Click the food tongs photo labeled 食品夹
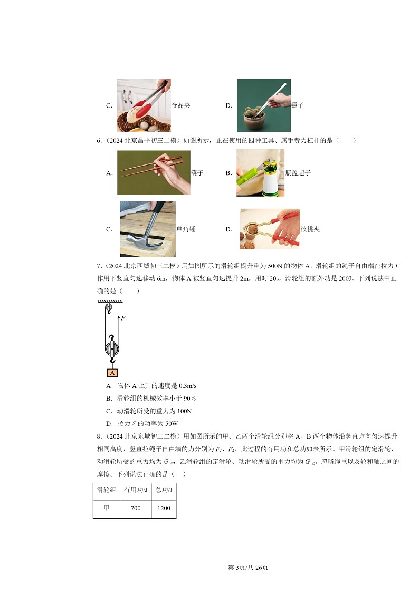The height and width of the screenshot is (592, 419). click(144, 105)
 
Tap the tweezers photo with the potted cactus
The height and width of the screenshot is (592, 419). click(263, 105)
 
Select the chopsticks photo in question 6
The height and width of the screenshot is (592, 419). click(153, 172)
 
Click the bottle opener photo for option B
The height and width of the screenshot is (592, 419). click(260, 172)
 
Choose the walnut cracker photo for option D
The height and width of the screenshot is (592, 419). click(269, 229)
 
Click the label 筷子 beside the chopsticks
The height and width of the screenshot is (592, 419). click(197, 173)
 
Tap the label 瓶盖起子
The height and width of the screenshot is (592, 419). click(298, 173)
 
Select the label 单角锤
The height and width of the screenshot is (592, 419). click(186, 229)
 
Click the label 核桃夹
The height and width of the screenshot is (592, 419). click(310, 229)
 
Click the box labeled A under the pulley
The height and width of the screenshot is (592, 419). click(112, 373)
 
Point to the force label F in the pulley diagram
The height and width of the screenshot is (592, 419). click(122, 318)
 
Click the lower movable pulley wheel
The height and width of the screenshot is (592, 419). click(111, 348)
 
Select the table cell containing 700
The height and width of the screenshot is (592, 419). click(135, 509)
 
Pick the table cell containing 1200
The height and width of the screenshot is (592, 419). click(163, 509)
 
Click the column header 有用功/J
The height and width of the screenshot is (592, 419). click(135, 490)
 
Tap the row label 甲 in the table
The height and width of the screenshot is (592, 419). click(107, 509)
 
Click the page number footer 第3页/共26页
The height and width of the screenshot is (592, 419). click(247, 567)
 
